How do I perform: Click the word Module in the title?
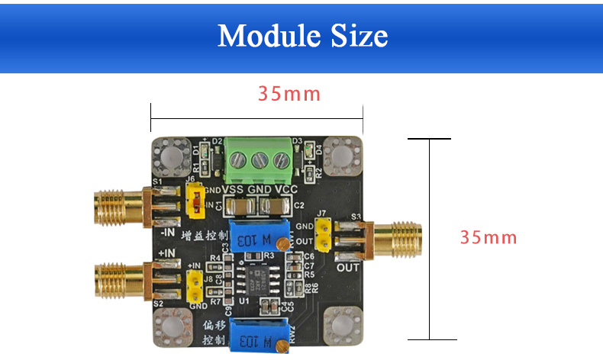click(x=263, y=36)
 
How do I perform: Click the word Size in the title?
click(x=357, y=36)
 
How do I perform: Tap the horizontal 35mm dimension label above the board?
click(x=289, y=95)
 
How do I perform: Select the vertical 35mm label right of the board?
click(x=489, y=237)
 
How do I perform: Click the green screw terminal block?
click(x=260, y=159)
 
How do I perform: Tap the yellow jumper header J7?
click(x=324, y=234)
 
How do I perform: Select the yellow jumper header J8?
click(x=195, y=284)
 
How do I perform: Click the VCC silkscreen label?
click(x=285, y=189)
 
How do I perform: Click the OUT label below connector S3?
click(x=347, y=267)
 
